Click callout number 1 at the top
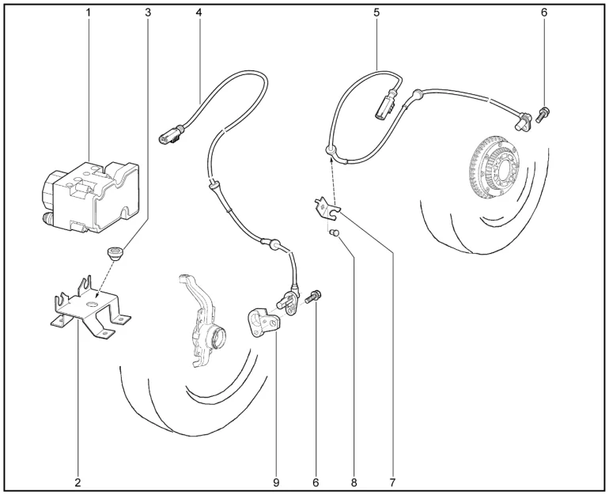tap(88, 13)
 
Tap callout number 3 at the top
tap(148, 13)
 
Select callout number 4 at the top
tap(199, 13)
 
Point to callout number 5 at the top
tap(376, 13)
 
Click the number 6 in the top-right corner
tap(544, 13)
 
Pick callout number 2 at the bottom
tap(78, 482)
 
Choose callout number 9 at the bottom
tap(276, 482)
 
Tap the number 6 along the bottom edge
tap(316, 482)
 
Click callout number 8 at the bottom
tap(354, 482)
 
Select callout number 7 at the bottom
tap(392, 482)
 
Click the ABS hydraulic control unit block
tap(89, 197)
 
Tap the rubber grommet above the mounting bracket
tap(115, 254)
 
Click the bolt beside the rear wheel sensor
tap(543, 115)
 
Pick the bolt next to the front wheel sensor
tap(313, 297)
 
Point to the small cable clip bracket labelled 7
tap(327, 207)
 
